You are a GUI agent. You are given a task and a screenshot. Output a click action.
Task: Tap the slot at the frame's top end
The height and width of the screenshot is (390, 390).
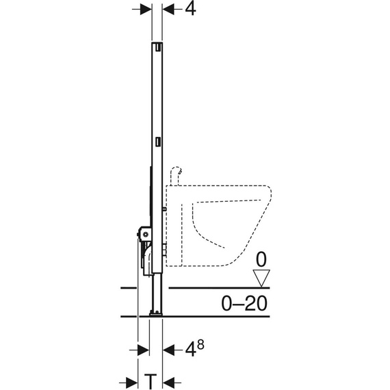coord(158,47)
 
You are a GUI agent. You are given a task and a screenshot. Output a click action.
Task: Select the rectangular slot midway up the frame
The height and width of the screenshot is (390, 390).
coord(158,142)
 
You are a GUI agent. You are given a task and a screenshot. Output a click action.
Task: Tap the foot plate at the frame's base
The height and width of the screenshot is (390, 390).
coord(155,314)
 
